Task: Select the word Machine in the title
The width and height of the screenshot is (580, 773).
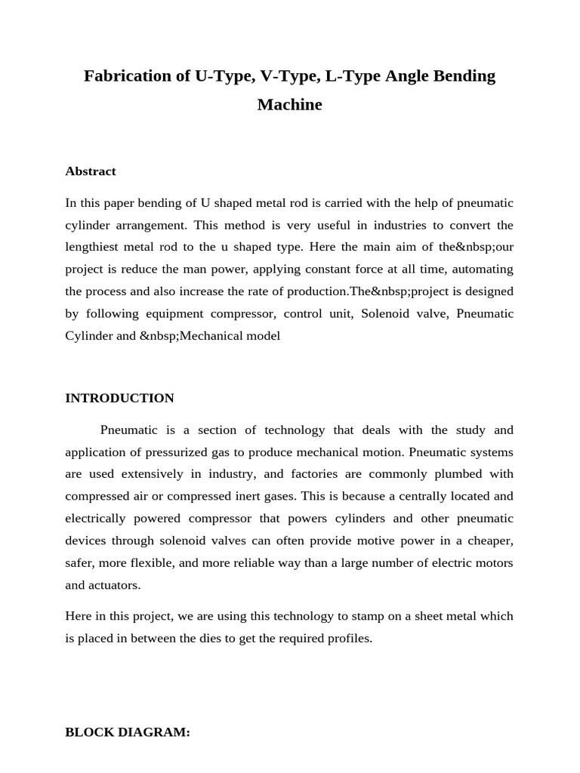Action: (289, 105)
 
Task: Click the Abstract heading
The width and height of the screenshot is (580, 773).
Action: (91, 171)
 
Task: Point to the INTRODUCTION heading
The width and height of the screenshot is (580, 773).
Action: (119, 398)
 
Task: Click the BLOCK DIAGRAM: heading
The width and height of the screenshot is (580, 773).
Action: (128, 732)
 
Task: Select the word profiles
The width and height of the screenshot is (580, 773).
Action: (348, 638)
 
